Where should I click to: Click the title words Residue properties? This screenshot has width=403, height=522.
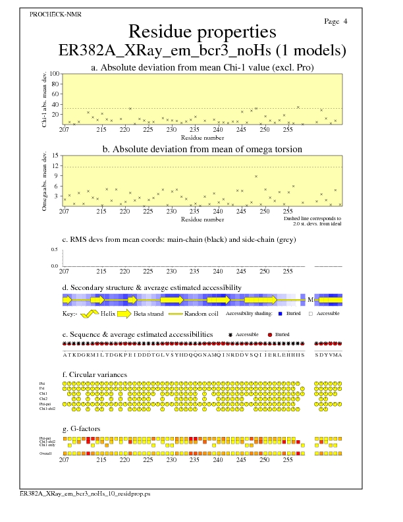pos(202,32)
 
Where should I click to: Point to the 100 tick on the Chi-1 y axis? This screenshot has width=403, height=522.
pos(54,74)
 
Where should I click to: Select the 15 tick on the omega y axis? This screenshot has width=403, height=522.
pos(55,156)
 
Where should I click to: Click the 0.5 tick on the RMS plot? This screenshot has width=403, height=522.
pos(54,250)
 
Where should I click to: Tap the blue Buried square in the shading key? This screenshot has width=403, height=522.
pos(281,314)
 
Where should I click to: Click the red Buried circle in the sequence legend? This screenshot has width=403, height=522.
pos(270,335)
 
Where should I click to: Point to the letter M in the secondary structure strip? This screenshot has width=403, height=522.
pos(309,299)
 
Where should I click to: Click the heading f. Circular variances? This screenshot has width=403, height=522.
pos(95,375)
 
